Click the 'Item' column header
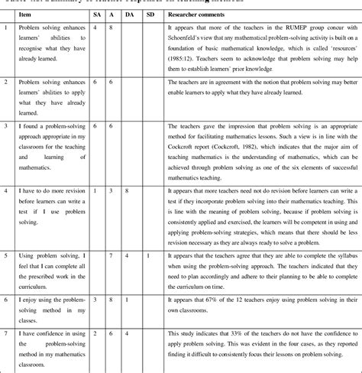(x=27, y=14)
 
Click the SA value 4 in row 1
(x=93, y=28)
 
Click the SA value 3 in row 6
(x=93, y=300)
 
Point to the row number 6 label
(x=5, y=300)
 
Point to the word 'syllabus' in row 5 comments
(x=333, y=253)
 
